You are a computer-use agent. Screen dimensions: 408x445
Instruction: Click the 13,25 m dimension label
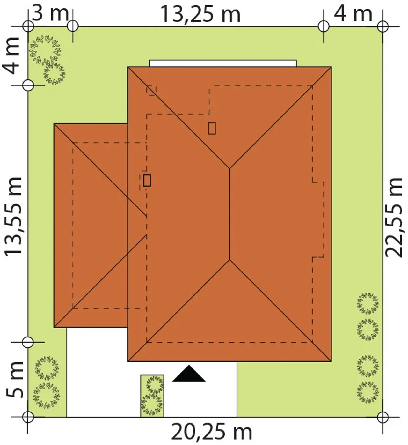(x=200, y=14)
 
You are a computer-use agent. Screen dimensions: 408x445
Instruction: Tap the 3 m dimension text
(x=51, y=13)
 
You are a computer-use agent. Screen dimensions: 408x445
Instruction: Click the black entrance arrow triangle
(x=189, y=374)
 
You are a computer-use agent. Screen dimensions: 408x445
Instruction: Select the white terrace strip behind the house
(x=223, y=63)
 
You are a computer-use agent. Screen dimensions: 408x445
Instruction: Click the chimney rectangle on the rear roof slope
(x=212, y=129)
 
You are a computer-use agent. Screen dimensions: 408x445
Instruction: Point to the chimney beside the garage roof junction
(x=147, y=180)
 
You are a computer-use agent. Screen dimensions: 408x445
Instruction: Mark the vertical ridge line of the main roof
(x=229, y=214)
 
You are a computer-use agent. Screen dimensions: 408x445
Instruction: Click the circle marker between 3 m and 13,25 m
(x=73, y=26)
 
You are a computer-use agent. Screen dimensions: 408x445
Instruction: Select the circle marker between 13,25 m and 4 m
(x=324, y=26)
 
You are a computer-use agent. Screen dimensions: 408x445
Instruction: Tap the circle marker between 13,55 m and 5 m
(x=28, y=342)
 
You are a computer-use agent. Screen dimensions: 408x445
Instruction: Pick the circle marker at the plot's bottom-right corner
(x=383, y=417)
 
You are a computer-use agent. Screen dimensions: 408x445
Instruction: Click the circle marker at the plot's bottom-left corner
(x=28, y=417)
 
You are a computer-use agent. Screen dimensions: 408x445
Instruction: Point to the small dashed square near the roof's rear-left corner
(x=151, y=91)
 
